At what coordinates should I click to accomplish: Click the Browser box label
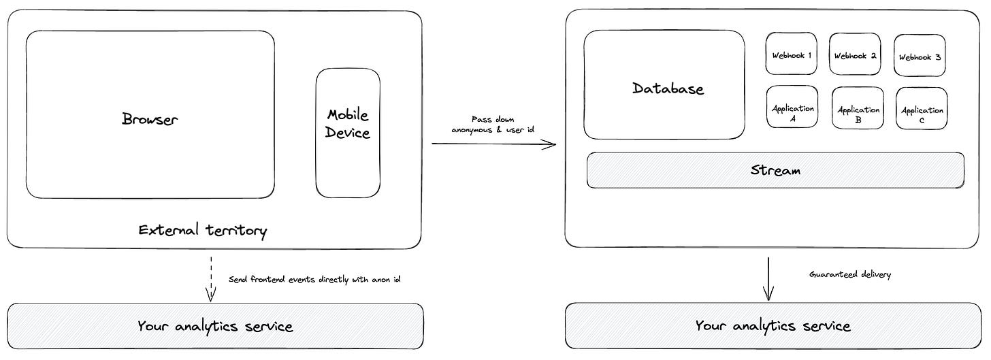click(150, 119)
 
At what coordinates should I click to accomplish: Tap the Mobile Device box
click(348, 133)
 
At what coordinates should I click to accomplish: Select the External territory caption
click(203, 230)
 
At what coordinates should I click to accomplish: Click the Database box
click(664, 85)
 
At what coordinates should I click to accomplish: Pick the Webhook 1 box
click(791, 54)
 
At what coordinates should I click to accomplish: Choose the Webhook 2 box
click(855, 54)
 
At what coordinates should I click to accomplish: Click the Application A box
click(792, 108)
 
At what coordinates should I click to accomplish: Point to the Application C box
click(922, 109)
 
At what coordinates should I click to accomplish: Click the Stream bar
click(775, 170)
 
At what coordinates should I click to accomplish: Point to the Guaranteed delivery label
click(849, 274)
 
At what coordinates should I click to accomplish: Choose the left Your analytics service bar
click(215, 326)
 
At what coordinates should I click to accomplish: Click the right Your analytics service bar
click(773, 326)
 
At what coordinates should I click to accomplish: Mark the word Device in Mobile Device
click(348, 132)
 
